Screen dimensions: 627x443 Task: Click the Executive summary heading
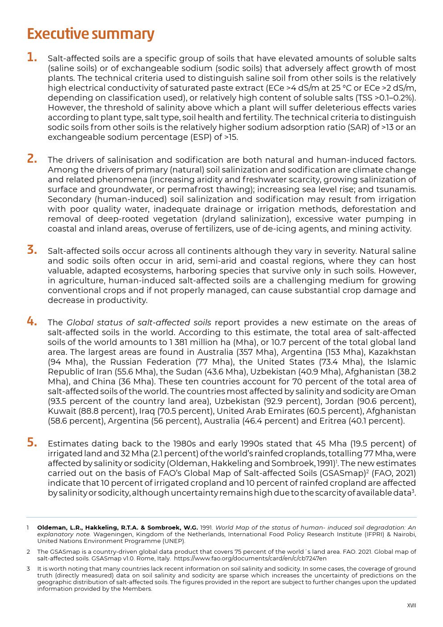(91, 34)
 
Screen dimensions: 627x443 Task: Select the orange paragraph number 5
(32, 442)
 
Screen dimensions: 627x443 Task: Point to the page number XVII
(411, 606)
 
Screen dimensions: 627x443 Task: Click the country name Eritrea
(335, 421)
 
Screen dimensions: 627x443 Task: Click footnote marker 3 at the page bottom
(28, 569)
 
